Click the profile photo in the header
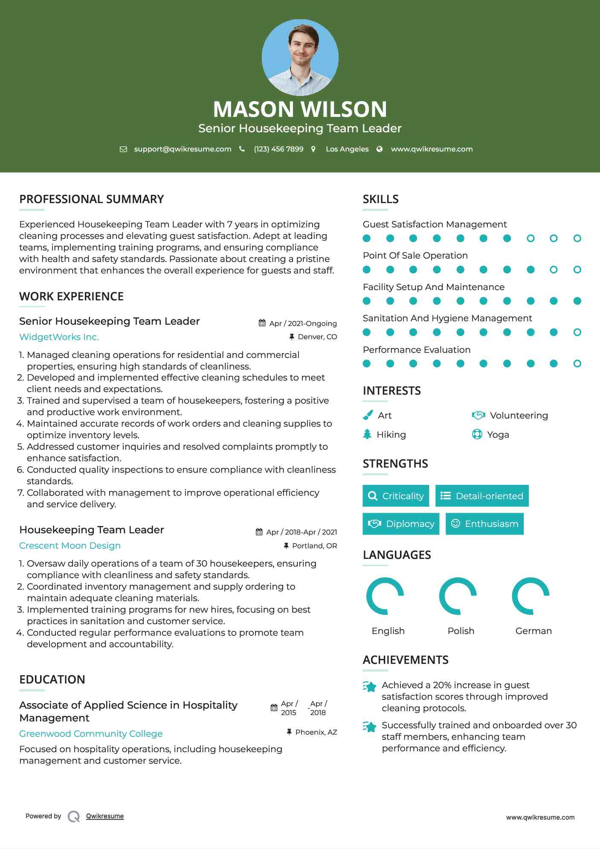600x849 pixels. pos(300,58)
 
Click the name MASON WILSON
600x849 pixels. pos(300,109)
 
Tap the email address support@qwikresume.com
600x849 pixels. pos(183,149)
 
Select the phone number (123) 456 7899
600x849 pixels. pos(278,149)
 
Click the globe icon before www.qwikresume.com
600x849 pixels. pos(380,149)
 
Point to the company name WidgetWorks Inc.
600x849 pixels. pos(59,337)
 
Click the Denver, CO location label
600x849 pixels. pos(317,337)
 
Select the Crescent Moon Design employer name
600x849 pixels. pos(70,546)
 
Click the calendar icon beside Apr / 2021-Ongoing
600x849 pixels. pos(262,323)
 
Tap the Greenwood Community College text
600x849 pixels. pos(91,733)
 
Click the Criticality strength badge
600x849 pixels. pos(396,496)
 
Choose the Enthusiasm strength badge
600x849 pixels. pos(484,523)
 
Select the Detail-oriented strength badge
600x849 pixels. pos(482,496)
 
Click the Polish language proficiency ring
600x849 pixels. pos(458,596)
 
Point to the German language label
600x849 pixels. pos(533,631)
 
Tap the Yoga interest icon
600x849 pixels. pos(477,434)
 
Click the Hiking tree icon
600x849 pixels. pos(367,434)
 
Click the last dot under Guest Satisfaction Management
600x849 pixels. pos(577,238)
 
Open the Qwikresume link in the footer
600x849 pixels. pos(105,816)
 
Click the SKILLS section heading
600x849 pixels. pos(380,199)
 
